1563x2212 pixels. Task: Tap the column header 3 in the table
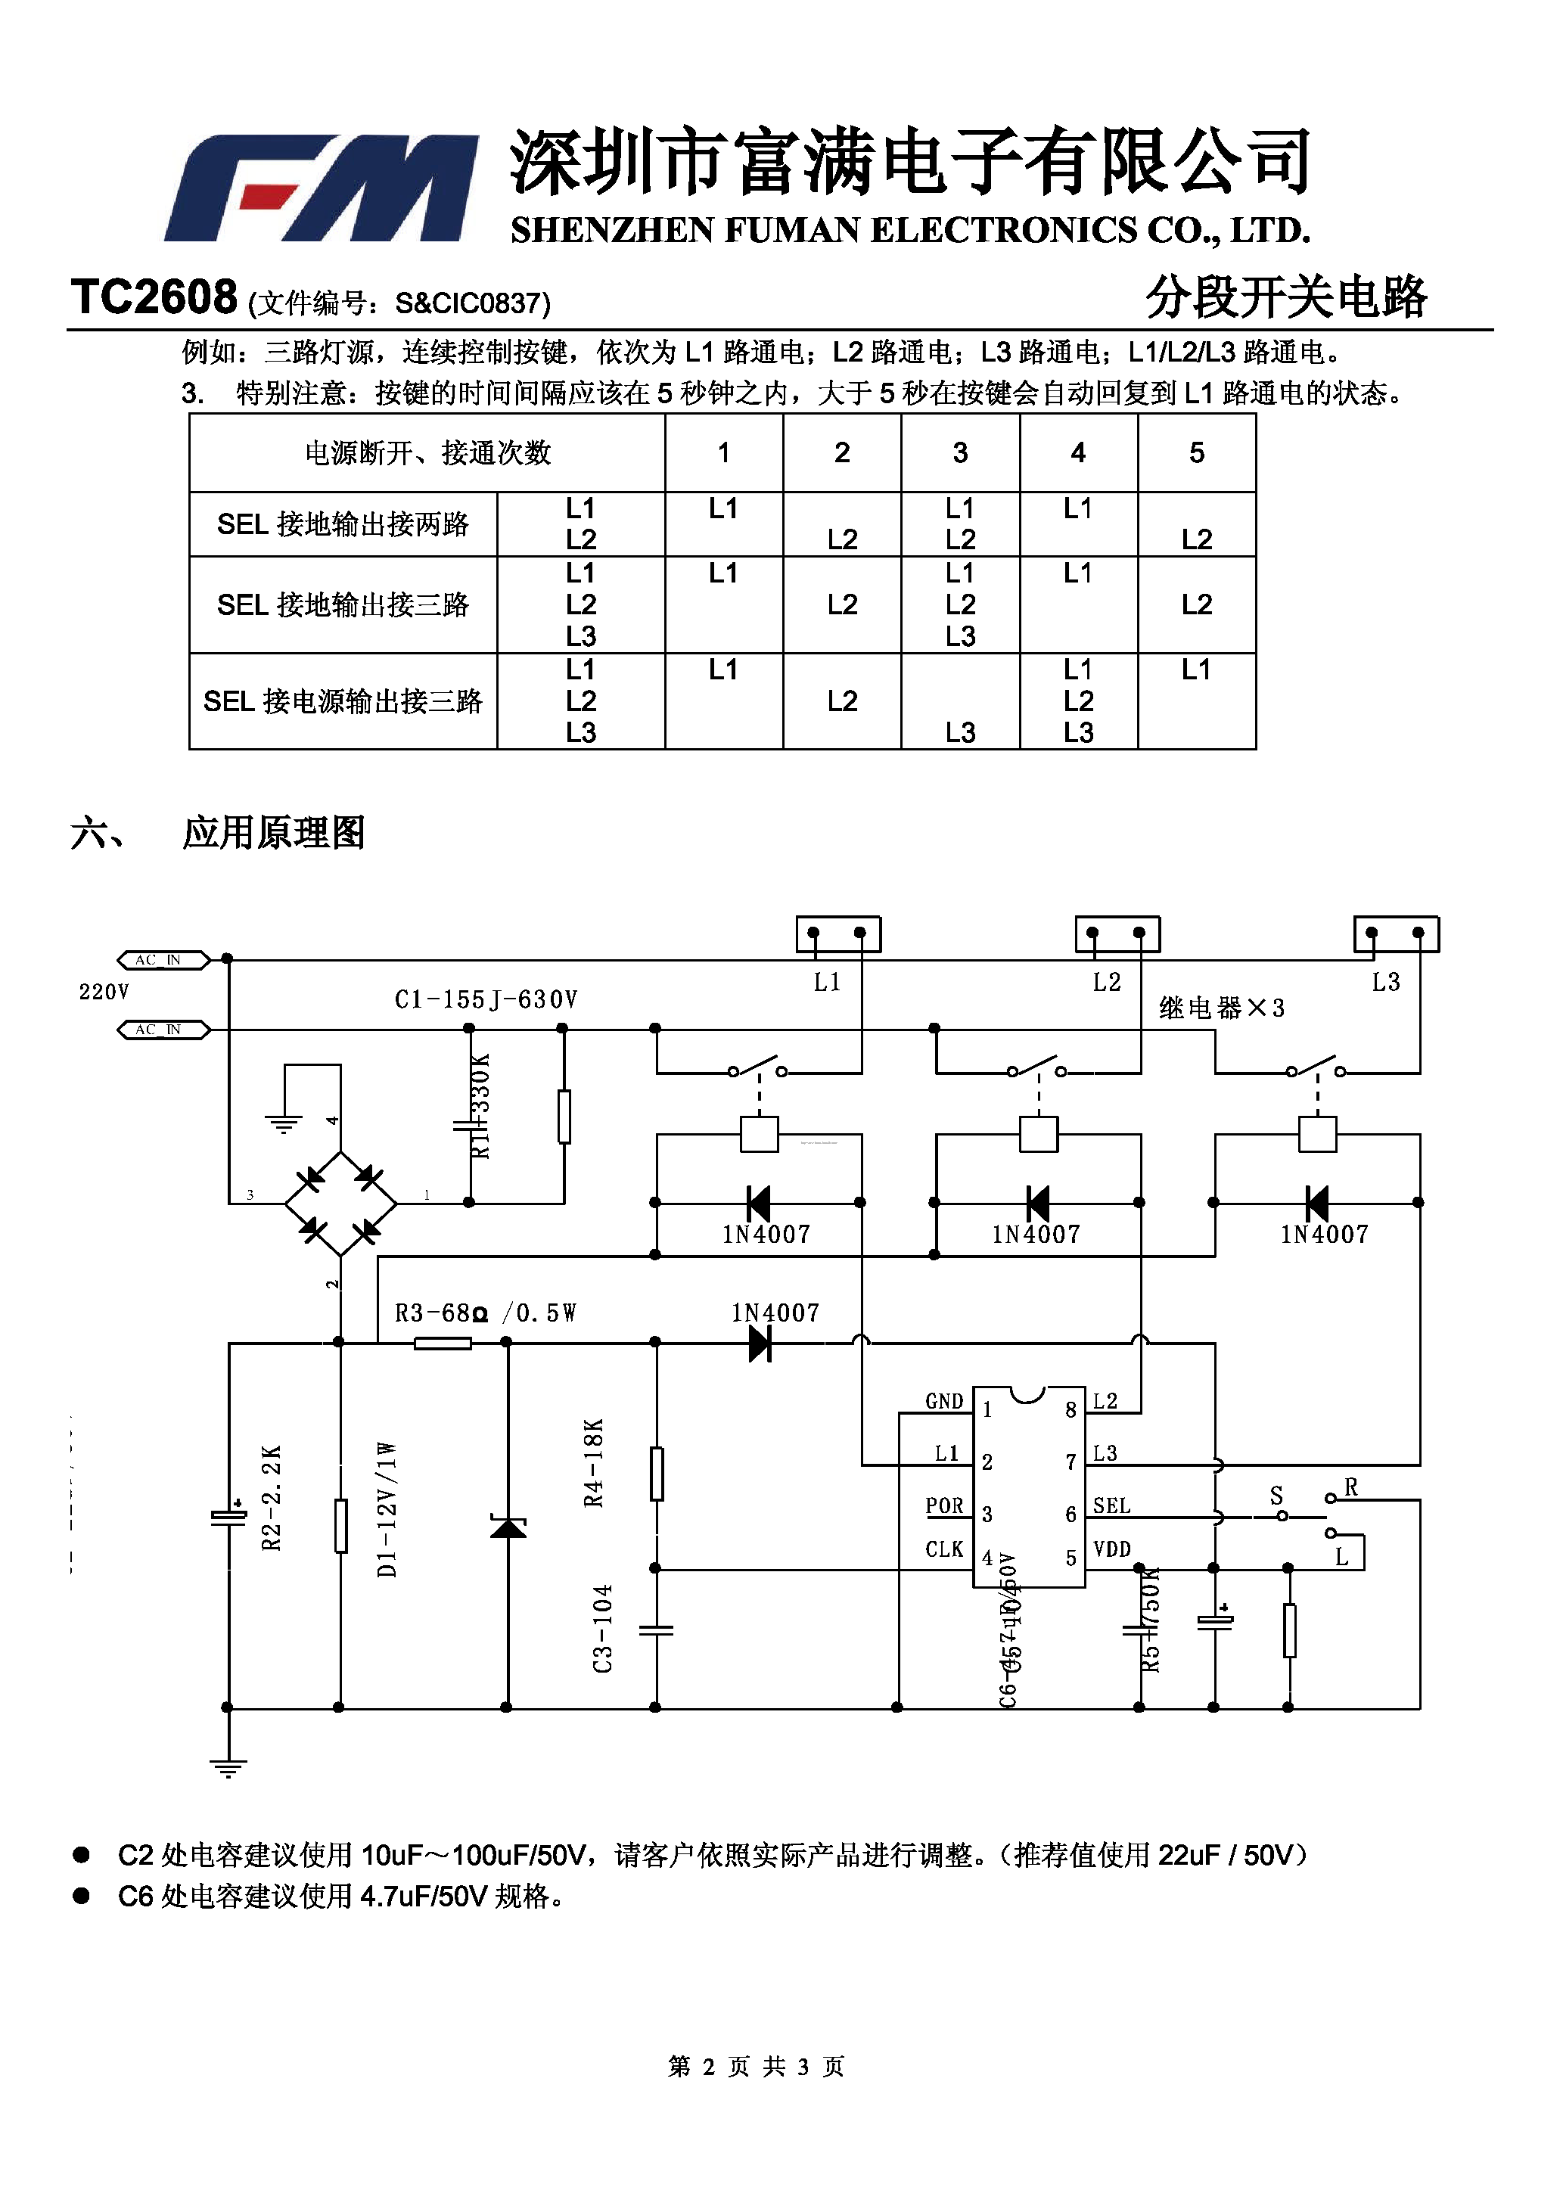point(960,453)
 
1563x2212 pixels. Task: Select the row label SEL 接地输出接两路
point(343,524)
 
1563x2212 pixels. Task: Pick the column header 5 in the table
point(1196,453)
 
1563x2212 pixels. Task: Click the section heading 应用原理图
point(274,832)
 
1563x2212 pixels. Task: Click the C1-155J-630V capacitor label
point(486,1000)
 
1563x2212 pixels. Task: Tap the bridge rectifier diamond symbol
point(340,1204)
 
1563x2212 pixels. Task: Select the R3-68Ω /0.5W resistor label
point(485,1313)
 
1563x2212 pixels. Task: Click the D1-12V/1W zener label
point(387,1510)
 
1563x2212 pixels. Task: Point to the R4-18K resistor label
point(594,1462)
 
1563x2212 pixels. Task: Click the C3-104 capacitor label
point(602,1629)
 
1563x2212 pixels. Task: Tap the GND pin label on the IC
point(943,1402)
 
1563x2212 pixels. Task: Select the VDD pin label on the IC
point(1111,1549)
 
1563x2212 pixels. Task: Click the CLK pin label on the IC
point(943,1549)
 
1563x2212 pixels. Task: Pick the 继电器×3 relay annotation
point(1221,1008)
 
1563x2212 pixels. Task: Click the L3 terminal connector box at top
point(1395,934)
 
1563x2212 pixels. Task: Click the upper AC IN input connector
point(162,959)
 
